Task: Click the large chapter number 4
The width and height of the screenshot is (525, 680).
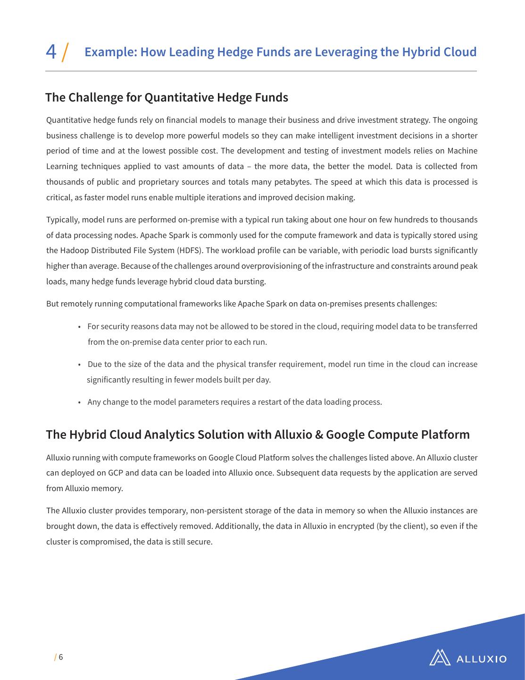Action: [50, 51]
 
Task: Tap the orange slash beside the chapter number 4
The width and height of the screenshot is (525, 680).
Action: [66, 51]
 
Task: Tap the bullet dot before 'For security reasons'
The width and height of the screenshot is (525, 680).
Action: [79, 327]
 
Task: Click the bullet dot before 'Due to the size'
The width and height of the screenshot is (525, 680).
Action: [79, 365]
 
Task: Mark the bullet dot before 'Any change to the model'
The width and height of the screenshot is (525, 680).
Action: [79, 402]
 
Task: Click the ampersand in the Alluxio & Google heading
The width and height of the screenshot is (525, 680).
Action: [318, 434]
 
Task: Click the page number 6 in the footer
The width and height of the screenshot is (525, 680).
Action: [61, 657]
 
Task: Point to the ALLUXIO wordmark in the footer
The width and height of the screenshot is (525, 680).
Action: [482, 659]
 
